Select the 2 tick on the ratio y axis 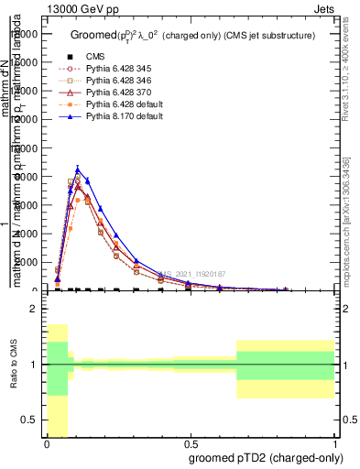34,310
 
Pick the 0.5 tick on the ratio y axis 31,420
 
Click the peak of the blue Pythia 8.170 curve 79,169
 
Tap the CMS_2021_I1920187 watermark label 191,274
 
